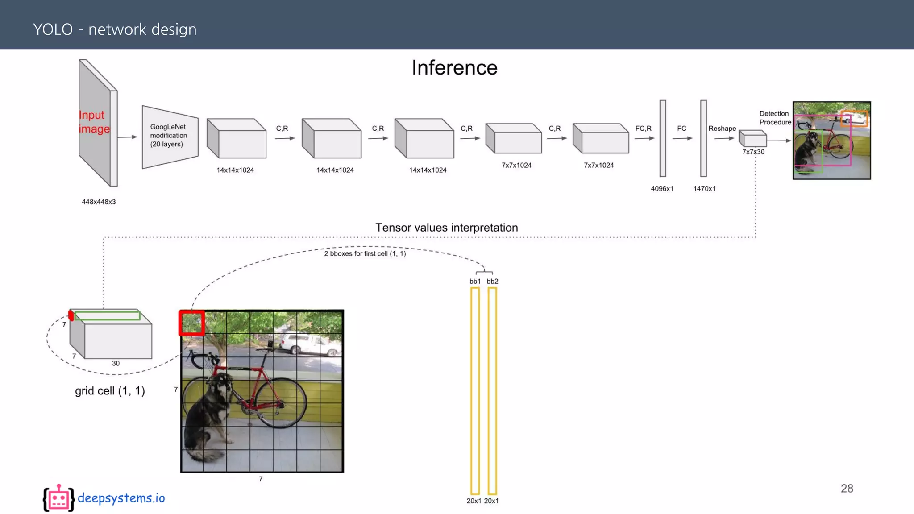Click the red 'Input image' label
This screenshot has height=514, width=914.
94,122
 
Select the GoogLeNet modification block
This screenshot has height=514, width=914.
170,137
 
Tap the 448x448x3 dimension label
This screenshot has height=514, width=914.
99,202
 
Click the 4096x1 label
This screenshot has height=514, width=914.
662,189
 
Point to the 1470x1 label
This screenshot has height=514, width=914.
704,189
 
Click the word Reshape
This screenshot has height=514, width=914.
722,128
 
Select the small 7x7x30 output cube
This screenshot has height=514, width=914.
753,139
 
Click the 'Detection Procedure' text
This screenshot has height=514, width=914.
775,118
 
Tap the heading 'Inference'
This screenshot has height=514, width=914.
454,68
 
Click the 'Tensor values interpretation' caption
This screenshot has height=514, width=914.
446,228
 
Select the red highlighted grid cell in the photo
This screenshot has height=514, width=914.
191,323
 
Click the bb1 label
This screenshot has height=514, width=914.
475,281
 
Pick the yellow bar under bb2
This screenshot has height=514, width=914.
492,390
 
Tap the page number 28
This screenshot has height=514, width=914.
847,489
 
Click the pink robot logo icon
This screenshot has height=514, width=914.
58,498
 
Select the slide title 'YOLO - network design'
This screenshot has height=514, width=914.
115,29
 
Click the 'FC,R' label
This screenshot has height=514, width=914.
643,128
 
